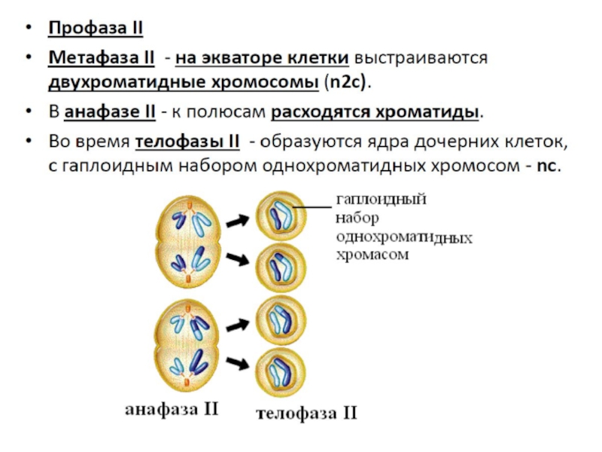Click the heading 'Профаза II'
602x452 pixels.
(96, 29)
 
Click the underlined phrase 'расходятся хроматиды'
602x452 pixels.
(375, 113)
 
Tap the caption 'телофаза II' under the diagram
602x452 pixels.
(306, 413)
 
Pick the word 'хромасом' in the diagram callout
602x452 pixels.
(372, 255)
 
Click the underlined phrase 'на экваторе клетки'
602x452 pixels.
(263, 58)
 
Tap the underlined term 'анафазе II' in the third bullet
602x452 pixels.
(110, 113)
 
